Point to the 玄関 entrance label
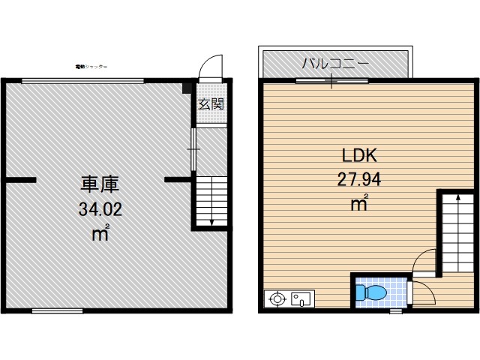(211, 104)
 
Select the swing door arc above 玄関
(213, 65)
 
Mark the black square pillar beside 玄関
(187, 88)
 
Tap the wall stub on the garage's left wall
(20, 180)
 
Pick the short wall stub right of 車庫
(177, 180)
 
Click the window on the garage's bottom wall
(57, 310)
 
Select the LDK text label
(358, 156)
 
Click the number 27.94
(358, 179)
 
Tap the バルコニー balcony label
(334, 63)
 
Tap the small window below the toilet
(395, 310)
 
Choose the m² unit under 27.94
(359, 202)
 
